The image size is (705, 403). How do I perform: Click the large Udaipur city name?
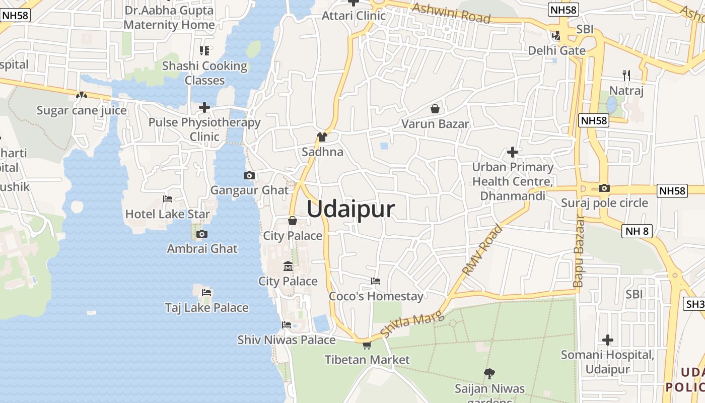point(350,209)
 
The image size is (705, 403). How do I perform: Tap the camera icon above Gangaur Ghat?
point(249,176)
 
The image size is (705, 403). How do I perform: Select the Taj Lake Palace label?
point(207,307)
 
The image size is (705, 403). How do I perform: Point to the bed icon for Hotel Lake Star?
point(168,199)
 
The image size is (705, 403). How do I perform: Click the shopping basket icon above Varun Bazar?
point(435,109)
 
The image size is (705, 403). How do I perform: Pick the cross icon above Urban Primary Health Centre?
point(513,152)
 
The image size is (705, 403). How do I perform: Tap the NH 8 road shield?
point(638,231)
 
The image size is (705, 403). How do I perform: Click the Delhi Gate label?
point(556,50)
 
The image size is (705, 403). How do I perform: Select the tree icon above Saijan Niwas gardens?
point(489,373)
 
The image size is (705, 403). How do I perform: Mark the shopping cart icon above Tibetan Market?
point(367,345)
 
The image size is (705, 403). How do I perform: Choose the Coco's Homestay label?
point(376,296)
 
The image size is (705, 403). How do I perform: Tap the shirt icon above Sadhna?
point(322,137)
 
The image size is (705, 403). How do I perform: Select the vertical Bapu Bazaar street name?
point(579,252)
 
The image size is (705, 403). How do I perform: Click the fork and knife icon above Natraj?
point(626,76)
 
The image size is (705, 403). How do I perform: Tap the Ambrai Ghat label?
point(202,248)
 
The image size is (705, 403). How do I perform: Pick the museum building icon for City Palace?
point(288,266)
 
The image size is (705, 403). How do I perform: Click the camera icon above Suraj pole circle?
point(604,188)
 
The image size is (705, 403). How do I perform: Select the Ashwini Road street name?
point(451,13)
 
